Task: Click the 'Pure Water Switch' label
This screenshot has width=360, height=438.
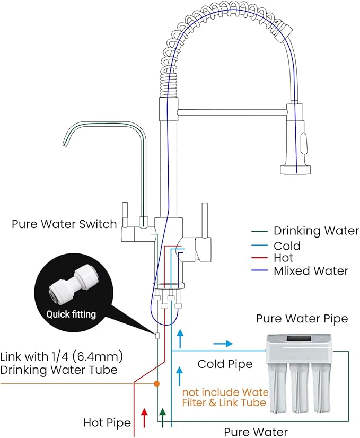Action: tap(64, 224)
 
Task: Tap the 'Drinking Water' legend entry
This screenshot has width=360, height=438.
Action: tap(316, 231)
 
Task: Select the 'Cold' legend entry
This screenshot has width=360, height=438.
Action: tap(287, 246)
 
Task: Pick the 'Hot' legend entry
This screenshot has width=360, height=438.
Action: tap(284, 258)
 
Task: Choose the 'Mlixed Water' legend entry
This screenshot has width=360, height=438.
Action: tap(311, 271)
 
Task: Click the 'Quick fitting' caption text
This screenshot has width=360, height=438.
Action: tap(71, 314)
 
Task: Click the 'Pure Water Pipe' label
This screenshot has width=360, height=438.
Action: tap(302, 319)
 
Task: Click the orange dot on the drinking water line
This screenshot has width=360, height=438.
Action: tap(156, 383)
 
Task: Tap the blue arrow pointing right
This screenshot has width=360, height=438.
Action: tap(223, 344)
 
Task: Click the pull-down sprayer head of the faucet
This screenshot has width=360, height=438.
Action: tap(297, 141)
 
